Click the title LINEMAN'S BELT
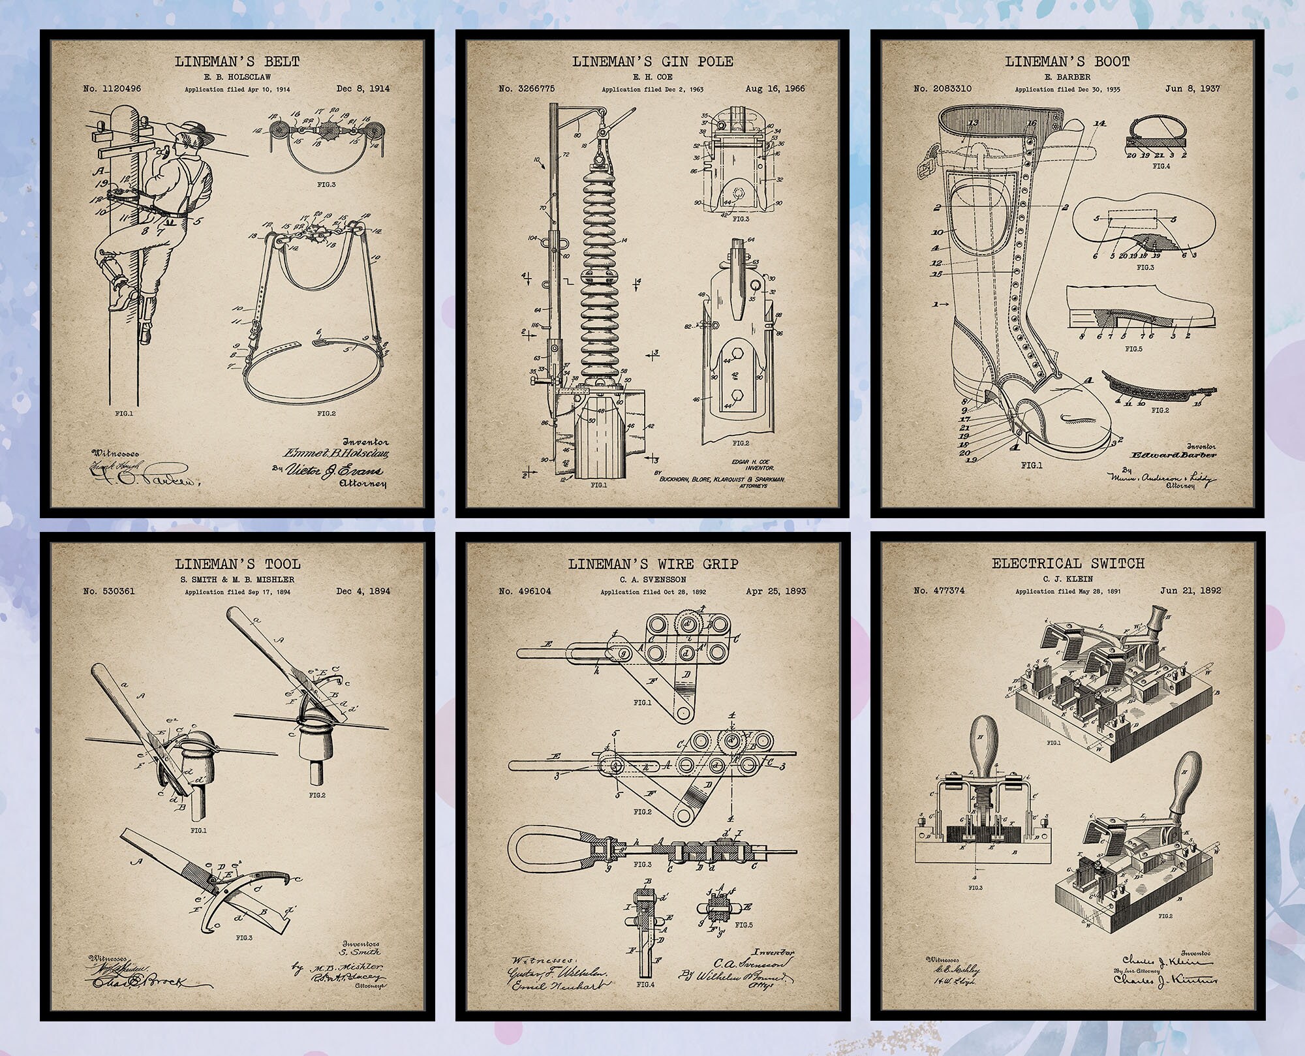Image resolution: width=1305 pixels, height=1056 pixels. coord(237,62)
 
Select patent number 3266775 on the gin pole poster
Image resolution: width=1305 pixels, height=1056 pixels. coord(526,89)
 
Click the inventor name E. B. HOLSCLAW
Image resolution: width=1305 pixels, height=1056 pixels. coord(237,76)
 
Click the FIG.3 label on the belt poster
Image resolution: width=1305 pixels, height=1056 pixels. coord(326,185)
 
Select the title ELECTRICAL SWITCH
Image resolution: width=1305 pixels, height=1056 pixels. coord(1068,563)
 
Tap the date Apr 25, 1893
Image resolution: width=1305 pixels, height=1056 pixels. coord(775,591)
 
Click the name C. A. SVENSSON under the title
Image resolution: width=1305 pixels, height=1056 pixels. coord(652,579)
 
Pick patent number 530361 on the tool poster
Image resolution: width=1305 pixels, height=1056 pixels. coord(109,591)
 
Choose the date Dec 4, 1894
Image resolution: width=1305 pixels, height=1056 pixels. coord(363,591)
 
